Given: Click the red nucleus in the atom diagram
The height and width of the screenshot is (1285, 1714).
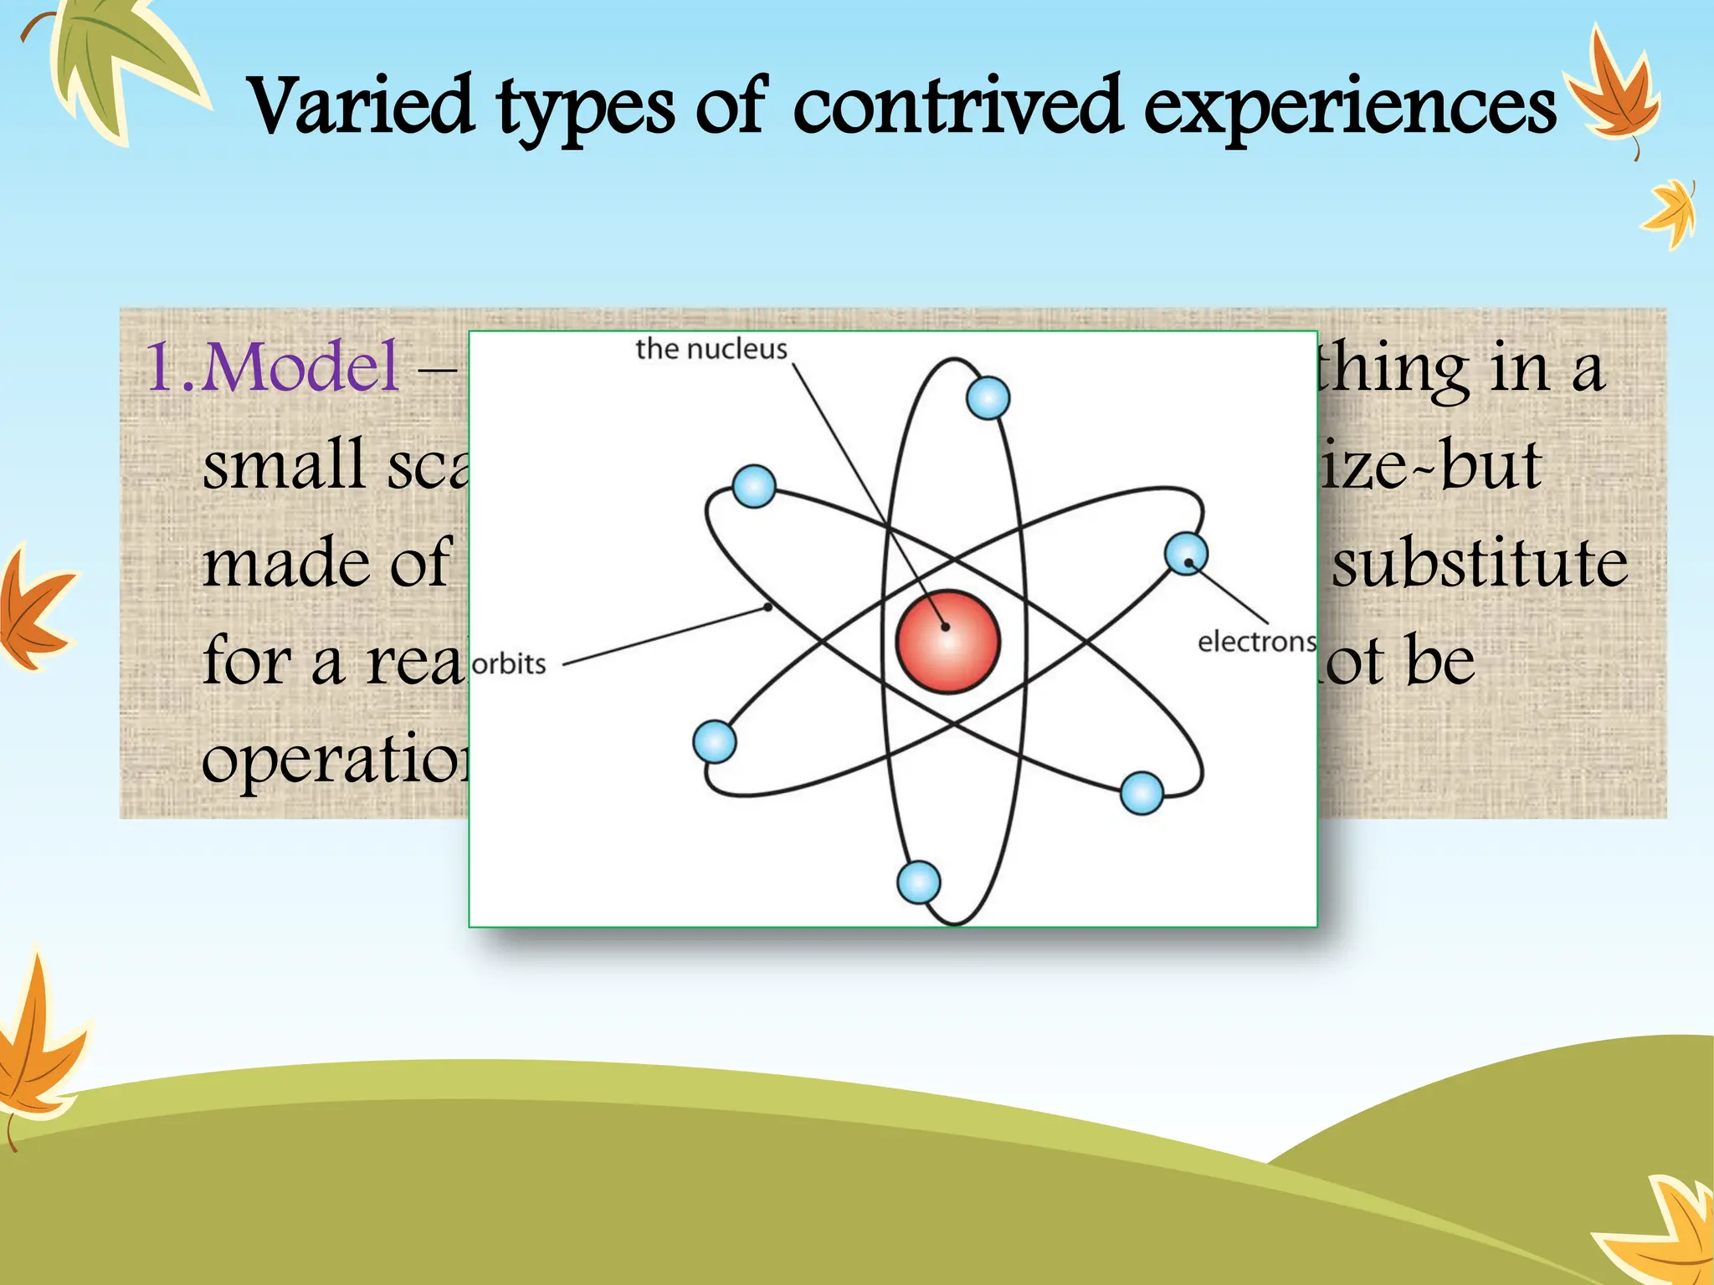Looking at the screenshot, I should [x=947, y=642].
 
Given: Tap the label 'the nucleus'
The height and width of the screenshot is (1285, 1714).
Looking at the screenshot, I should [x=711, y=349].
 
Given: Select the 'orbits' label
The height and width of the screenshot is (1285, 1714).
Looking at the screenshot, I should [x=509, y=664].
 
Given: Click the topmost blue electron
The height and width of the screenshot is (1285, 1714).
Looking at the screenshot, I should [x=988, y=397].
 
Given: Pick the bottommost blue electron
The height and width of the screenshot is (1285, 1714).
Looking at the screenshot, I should [x=918, y=882].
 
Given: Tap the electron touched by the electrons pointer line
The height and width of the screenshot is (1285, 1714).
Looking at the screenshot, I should [x=1186, y=554].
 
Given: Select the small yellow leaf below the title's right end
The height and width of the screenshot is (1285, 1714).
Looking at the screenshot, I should [x=1670, y=213].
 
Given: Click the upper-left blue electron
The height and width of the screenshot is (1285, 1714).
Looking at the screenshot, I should [x=753, y=486].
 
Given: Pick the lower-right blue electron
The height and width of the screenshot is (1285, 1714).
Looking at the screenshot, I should [x=1141, y=792].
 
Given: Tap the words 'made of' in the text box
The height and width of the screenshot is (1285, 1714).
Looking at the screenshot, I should [x=326, y=562].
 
